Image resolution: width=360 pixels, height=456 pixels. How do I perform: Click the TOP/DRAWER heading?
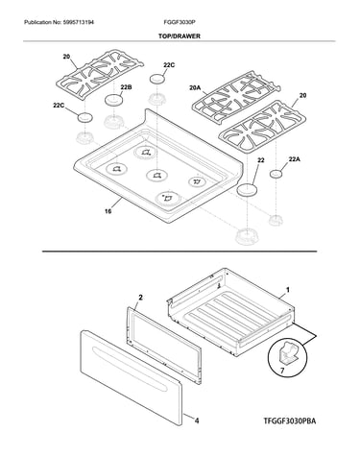[x=180, y=36]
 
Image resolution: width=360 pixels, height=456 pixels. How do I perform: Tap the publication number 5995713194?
[x=78, y=22]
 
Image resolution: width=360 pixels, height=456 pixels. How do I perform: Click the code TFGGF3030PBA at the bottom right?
[x=290, y=420]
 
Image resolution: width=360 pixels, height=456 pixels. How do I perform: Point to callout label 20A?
[x=195, y=87]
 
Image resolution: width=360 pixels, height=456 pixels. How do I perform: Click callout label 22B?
[x=126, y=87]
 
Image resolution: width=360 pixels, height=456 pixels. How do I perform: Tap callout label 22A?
[x=295, y=159]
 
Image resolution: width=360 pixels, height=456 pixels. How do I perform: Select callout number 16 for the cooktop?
[x=108, y=211]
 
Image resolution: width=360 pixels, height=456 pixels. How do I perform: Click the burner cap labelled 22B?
[x=112, y=100]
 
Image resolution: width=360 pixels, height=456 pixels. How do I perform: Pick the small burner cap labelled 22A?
[x=276, y=174]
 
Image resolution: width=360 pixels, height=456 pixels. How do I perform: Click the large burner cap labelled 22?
[x=248, y=189]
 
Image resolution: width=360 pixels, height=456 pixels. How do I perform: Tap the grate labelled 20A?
[x=236, y=97]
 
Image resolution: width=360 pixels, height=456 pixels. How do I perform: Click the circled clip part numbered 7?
[x=287, y=353]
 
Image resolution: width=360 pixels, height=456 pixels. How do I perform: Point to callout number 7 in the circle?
[x=282, y=371]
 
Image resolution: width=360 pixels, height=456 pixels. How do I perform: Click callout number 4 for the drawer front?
[x=197, y=420]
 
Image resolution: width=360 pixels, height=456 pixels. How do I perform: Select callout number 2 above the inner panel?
[x=140, y=298]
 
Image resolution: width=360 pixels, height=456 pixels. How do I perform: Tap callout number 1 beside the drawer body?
[x=288, y=290]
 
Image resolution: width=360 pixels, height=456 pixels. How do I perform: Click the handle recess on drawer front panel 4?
[x=130, y=369]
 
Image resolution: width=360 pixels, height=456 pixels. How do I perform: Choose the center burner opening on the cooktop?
[x=156, y=175]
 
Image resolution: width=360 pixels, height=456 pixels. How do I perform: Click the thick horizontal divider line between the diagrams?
[x=180, y=252]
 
